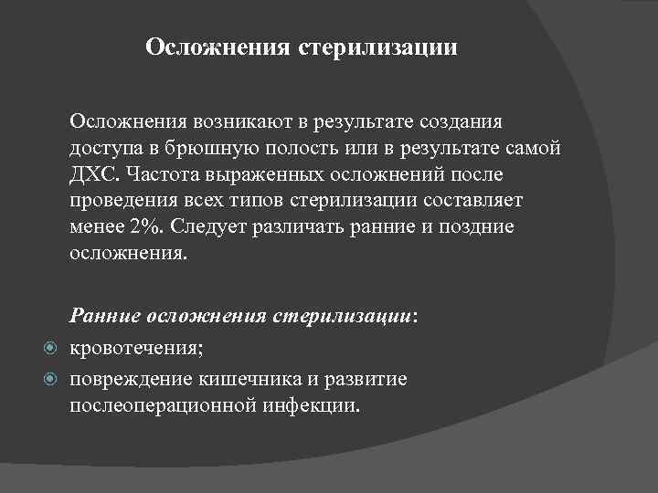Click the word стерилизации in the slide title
[378, 46]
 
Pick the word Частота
[159, 174]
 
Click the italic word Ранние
[101, 316]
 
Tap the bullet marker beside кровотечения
[51, 348]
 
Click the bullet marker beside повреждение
[51, 378]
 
